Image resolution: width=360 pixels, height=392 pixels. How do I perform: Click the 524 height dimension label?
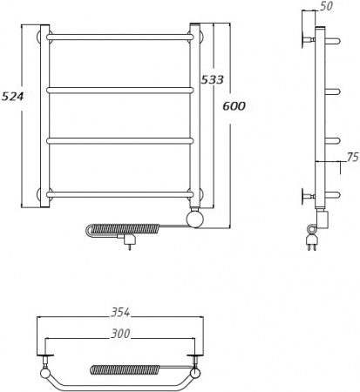(13, 96)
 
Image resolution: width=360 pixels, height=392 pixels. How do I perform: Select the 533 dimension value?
(213, 79)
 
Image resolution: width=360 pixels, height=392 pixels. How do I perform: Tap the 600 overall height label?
(234, 106)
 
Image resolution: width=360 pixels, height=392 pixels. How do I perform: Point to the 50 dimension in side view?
(326, 6)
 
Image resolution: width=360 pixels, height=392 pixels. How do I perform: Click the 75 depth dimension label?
(353, 157)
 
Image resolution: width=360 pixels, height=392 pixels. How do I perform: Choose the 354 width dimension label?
(120, 313)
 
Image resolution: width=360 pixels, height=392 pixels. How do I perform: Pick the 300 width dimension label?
(120, 334)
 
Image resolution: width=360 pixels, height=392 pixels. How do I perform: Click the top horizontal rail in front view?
(119, 37)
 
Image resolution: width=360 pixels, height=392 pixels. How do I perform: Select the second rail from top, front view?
(119, 91)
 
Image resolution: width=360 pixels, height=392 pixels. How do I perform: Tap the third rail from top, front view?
(119, 141)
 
